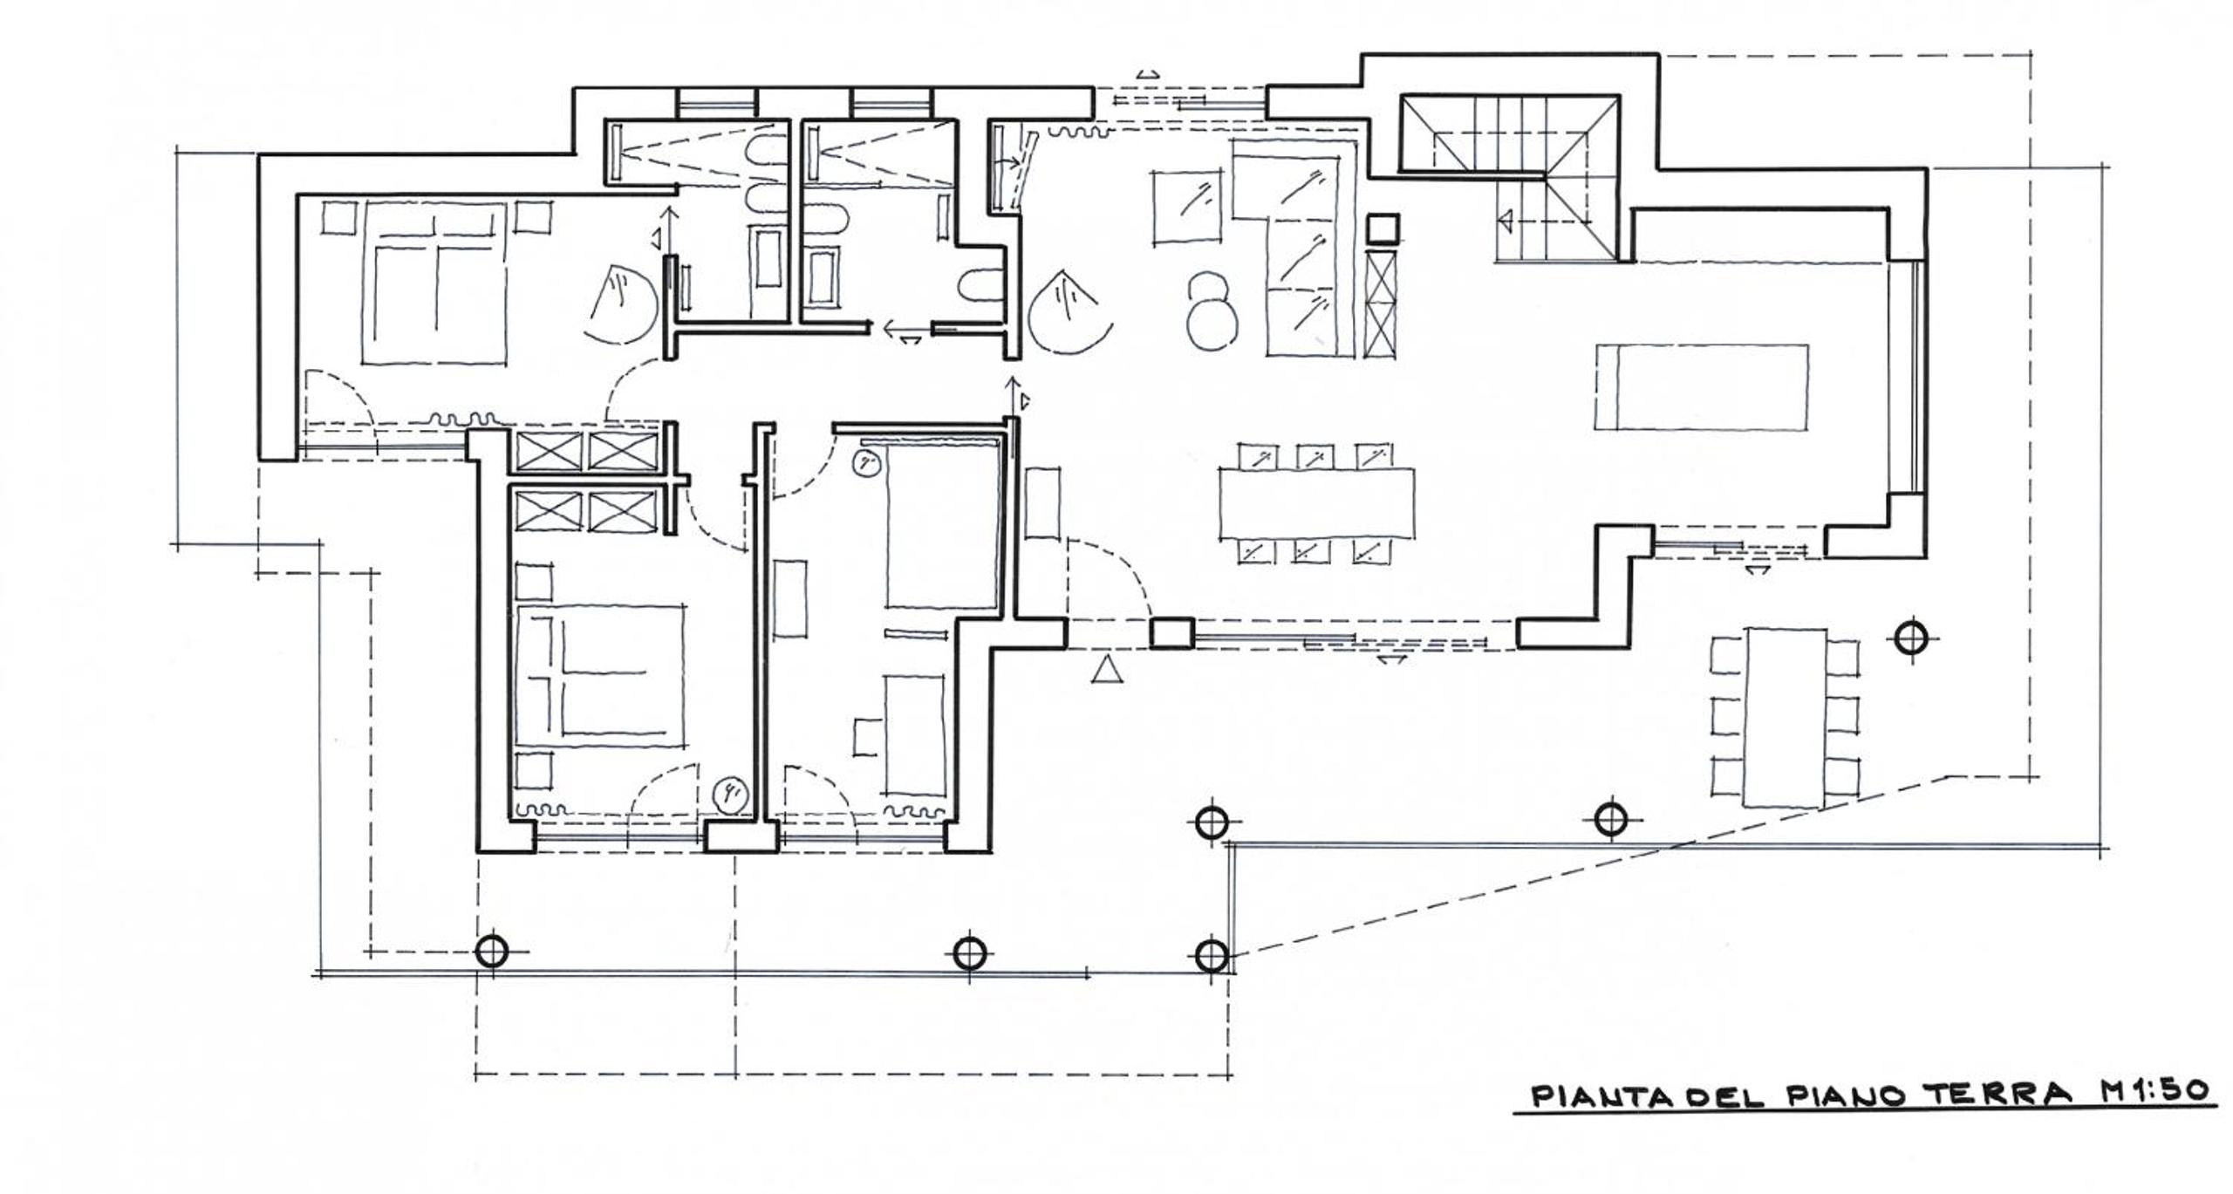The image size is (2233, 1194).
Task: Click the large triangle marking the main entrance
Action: [1107, 669]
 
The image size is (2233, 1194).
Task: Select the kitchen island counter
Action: [1701, 387]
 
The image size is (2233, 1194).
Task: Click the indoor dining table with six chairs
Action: [1316, 504]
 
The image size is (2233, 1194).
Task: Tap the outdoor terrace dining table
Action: [1785, 717]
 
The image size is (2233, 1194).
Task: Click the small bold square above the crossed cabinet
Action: [1382, 229]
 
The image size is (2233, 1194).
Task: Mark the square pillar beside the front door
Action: [1171, 632]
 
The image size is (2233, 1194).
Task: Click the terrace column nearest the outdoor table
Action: [1911, 639]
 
